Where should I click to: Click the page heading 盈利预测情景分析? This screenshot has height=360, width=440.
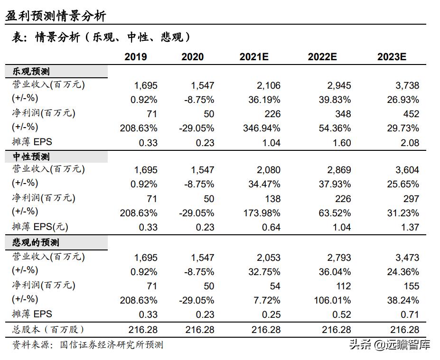(x=56, y=17)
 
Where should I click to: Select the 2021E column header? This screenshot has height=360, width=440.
(x=254, y=57)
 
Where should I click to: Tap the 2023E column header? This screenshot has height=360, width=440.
(x=392, y=57)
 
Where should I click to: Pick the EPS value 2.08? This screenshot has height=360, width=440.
(x=410, y=143)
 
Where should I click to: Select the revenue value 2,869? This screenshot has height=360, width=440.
(x=338, y=170)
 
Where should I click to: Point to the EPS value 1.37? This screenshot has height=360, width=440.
(x=410, y=228)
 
